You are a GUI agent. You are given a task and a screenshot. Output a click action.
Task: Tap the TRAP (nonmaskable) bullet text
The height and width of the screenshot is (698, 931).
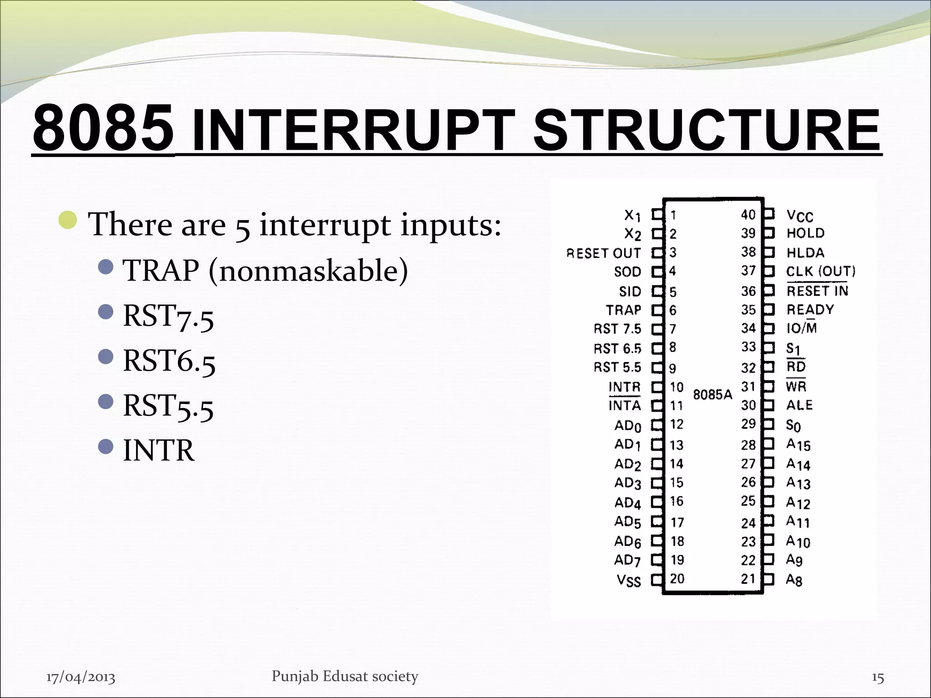pyautogui.click(x=265, y=271)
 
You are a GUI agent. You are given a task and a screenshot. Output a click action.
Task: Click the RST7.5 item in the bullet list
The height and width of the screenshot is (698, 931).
pyautogui.click(x=168, y=316)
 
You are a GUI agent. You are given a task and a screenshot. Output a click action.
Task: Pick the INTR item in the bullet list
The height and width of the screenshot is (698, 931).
pyautogui.click(x=159, y=451)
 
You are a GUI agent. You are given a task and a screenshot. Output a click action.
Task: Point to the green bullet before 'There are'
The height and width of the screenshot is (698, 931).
pyautogui.click(x=68, y=220)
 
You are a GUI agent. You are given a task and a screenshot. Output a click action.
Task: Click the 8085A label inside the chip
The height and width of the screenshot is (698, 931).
pyautogui.click(x=712, y=394)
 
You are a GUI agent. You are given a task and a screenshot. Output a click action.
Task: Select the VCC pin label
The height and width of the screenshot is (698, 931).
pyautogui.click(x=800, y=215)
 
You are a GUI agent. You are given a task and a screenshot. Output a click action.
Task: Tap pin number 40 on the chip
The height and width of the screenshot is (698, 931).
pyautogui.click(x=748, y=214)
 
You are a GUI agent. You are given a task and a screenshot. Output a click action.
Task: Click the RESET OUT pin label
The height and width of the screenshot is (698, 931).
pyautogui.click(x=603, y=253)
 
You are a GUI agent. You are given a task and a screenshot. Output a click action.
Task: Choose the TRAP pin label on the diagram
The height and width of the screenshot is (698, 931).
pyautogui.click(x=623, y=310)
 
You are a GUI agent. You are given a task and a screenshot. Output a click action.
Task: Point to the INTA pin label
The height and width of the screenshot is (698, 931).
pyautogui.click(x=625, y=405)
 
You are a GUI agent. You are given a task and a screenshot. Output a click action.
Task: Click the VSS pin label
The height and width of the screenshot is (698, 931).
pyautogui.click(x=628, y=580)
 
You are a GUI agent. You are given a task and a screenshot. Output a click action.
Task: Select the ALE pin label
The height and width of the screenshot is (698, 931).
pyautogui.click(x=799, y=405)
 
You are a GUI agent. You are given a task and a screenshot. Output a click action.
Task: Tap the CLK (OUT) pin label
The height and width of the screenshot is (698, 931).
pyautogui.click(x=821, y=272)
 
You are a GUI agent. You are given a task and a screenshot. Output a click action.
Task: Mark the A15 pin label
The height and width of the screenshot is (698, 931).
pyautogui.click(x=798, y=444)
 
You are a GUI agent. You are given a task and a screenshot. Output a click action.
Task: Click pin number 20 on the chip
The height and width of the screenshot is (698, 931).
pyautogui.click(x=677, y=578)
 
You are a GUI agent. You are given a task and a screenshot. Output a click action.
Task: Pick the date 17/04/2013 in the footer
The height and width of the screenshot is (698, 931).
pyautogui.click(x=81, y=677)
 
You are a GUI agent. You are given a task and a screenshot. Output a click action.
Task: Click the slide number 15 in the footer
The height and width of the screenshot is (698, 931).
pyautogui.click(x=877, y=678)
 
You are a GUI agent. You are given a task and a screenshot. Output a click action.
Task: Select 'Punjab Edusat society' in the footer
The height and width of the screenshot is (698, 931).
pyautogui.click(x=345, y=676)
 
